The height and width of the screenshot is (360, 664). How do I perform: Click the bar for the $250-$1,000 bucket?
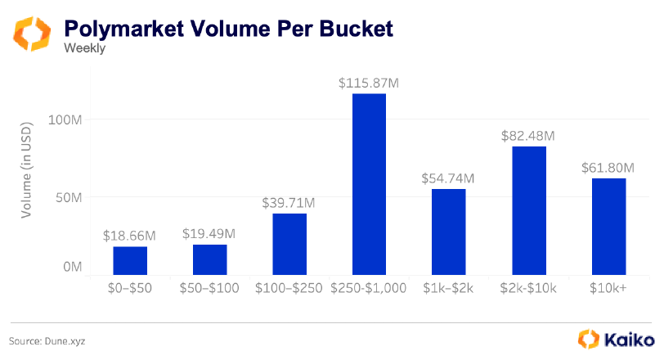coord(369,184)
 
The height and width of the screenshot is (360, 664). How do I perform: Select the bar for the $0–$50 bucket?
coord(130,260)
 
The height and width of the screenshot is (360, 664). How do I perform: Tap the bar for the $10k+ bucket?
coord(608,226)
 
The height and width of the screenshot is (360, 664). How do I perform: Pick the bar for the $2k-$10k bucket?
coord(529,210)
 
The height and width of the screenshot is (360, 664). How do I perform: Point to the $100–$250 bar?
coord(289,244)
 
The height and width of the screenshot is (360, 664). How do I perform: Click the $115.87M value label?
coord(369,83)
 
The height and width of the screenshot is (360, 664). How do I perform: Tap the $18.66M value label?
coord(130,236)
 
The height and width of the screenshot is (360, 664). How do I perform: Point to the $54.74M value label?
coord(448,178)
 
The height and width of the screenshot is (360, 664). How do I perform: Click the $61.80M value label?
coord(609,168)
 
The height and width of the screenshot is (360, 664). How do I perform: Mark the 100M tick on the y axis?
coord(65,119)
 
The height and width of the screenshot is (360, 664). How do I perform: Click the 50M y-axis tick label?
coord(68,197)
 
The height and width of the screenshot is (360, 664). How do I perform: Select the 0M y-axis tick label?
coord(72,267)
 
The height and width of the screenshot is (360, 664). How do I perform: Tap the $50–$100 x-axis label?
coord(209,288)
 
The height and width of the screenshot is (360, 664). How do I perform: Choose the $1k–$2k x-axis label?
coord(449,288)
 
